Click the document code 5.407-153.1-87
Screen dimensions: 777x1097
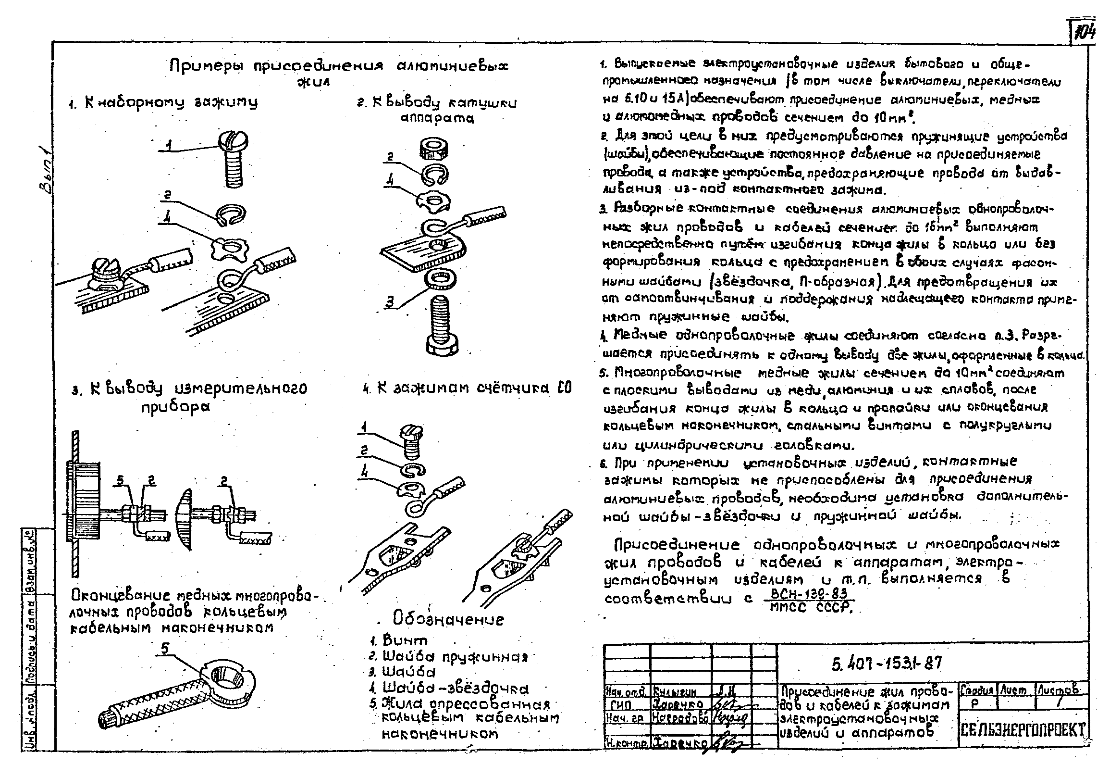pyautogui.click(x=887, y=664)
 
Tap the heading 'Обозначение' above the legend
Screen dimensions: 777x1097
pyautogui.click(x=449, y=619)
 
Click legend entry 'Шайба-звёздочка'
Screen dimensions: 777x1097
pyautogui.click(x=455, y=689)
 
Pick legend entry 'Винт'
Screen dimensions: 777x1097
pyautogui.click(x=405, y=640)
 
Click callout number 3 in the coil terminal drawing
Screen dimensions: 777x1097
pyautogui.click(x=390, y=302)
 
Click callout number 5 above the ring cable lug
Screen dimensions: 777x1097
pyautogui.click(x=165, y=649)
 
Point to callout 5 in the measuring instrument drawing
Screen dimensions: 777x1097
pyautogui.click(x=121, y=480)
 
